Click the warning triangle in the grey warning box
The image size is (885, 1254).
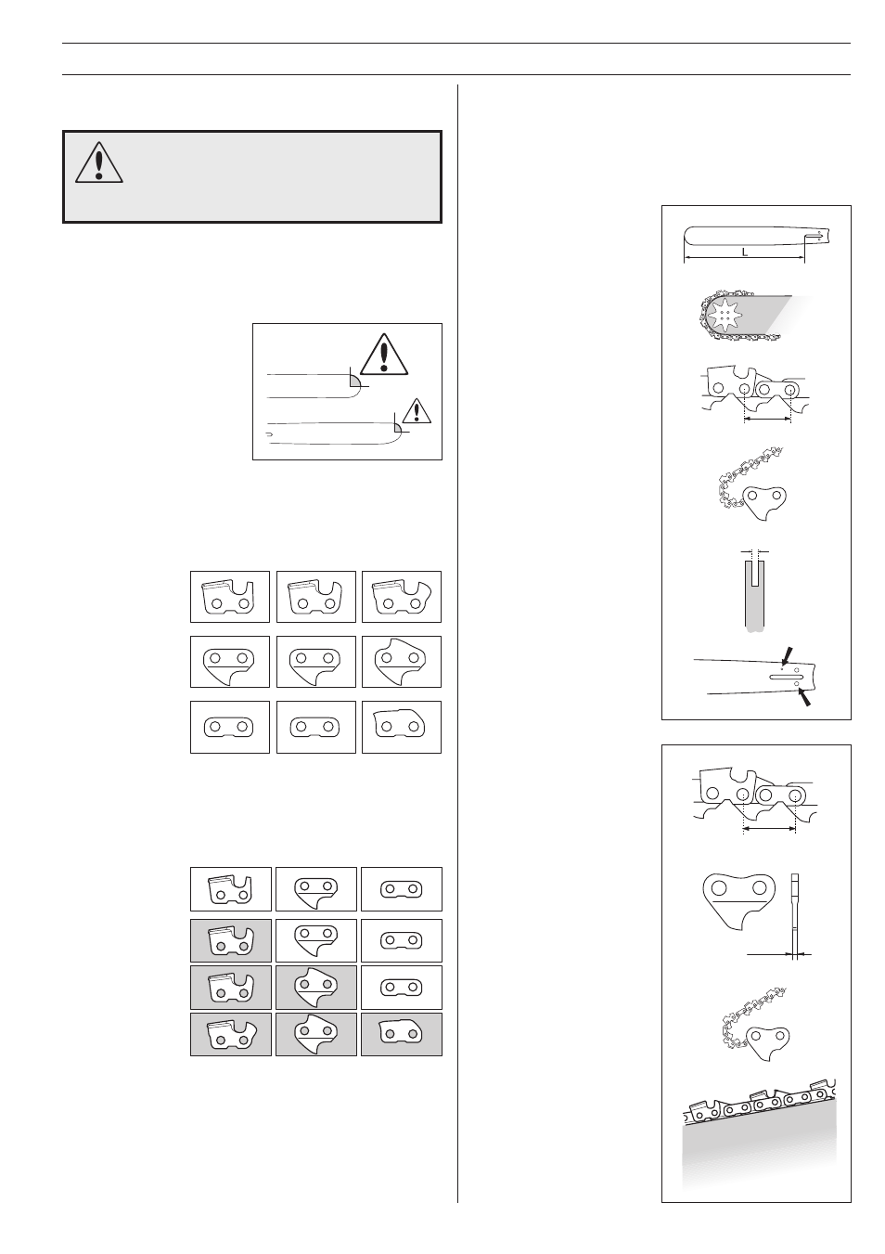coord(94,163)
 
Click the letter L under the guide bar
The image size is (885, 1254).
coord(744,252)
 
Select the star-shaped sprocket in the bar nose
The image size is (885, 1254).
coord(724,317)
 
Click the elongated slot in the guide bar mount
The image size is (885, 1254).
coord(783,677)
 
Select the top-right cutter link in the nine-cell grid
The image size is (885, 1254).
coord(401,596)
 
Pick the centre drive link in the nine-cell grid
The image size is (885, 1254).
coord(314,662)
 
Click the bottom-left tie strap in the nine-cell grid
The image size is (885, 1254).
coord(229,727)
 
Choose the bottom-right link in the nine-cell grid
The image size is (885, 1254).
coord(401,727)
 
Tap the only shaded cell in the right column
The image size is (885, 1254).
coord(401,1034)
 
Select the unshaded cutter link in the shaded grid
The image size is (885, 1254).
coord(230,889)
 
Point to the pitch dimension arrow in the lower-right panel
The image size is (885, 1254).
coord(769,832)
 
